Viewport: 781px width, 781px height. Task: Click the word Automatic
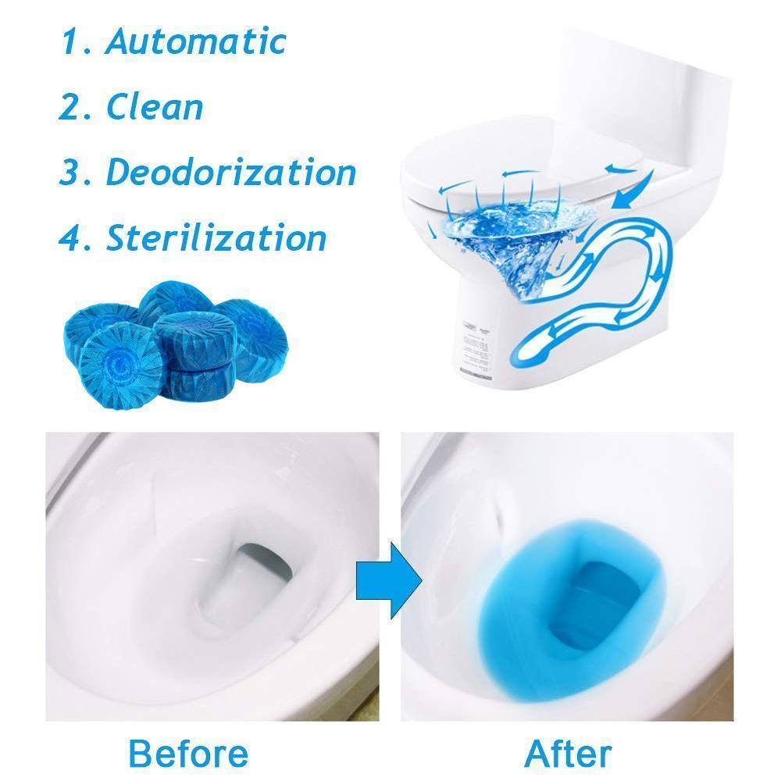tap(195, 41)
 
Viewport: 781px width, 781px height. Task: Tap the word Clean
tap(155, 106)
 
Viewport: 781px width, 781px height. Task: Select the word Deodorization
tap(230, 172)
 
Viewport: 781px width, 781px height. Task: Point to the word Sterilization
tap(216, 237)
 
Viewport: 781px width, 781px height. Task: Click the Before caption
tap(188, 754)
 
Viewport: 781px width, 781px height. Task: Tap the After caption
tap(568, 754)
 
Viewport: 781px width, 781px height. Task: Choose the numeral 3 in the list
tap(70, 173)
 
